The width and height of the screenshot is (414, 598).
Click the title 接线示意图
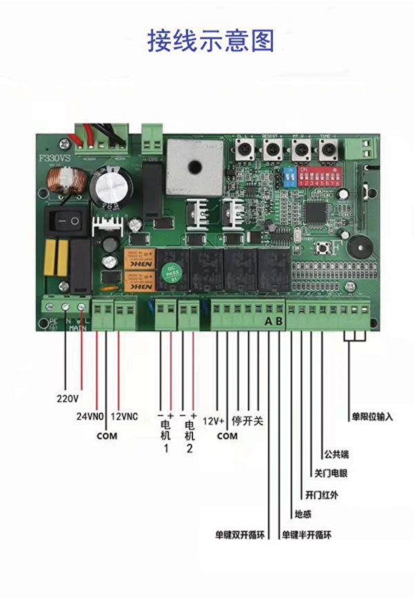(210, 40)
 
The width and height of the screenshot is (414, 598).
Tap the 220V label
(68, 399)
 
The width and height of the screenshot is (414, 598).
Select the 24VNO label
(90, 417)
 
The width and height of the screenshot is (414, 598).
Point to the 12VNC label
(125, 417)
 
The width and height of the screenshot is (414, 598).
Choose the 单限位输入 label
(372, 417)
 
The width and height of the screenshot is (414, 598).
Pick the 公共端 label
(336, 455)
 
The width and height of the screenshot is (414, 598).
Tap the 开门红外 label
(322, 495)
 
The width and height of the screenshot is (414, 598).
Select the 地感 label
(303, 514)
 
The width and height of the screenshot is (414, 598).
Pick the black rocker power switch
(66, 221)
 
